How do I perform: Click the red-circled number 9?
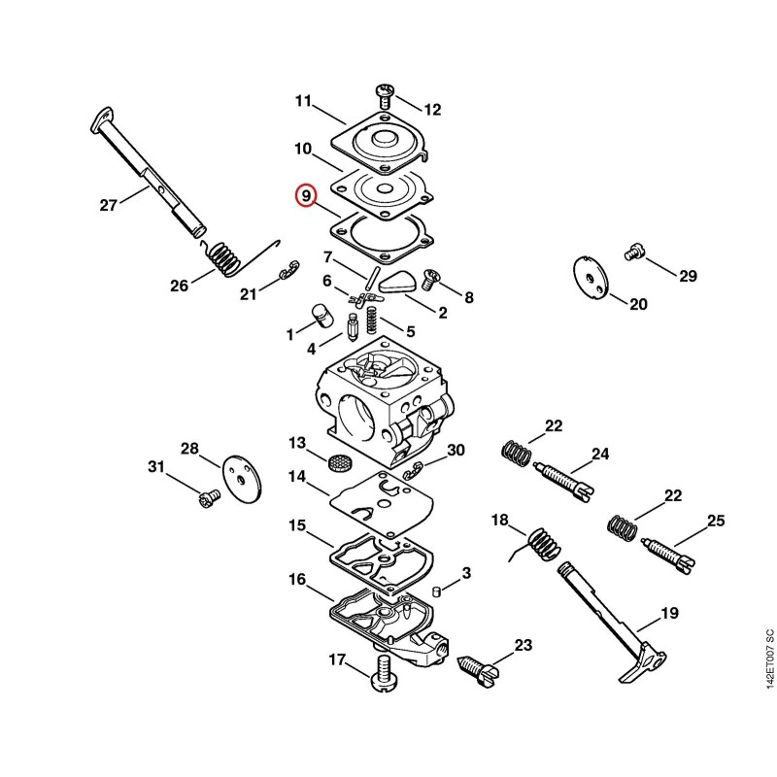tap(306, 196)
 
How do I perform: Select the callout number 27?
tap(109, 205)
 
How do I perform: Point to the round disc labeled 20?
tap(591, 278)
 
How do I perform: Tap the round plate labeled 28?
tap(243, 480)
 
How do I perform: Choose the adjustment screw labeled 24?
tap(564, 480)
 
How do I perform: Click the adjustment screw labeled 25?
tap(667, 556)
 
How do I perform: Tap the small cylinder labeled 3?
tap(435, 591)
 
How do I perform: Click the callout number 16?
tap(297, 579)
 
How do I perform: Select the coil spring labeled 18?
tap(539, 545)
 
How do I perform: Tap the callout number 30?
tap(456, 450)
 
